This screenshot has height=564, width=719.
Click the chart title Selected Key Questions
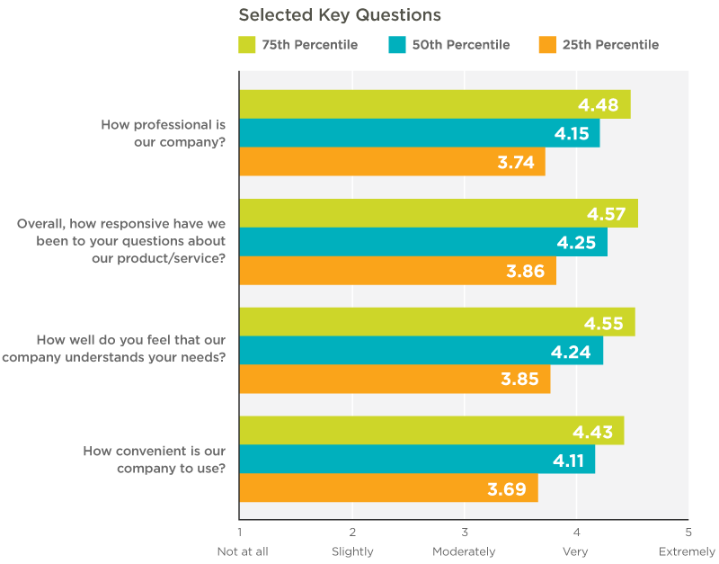(x=339, y=15)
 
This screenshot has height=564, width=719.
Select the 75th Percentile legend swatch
(x=248, y=45)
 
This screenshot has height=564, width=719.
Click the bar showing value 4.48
(x=434, y=104)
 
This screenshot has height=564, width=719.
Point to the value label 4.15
(x=572, y=133)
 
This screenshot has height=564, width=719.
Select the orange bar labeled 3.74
(x=392, y=162)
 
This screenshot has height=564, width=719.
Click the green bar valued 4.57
(x=438, y=213)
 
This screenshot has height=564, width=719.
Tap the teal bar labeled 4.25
(x=422, y=242)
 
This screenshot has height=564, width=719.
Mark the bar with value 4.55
(x=437, y=322)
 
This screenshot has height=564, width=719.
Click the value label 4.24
(x=572, y=351)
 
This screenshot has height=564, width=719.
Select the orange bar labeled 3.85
(x=395, y=380)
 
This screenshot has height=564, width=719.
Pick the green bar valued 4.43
(x=431, y=430)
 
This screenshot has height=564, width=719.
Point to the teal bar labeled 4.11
(x=416, y=459)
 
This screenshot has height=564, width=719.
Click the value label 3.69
(x=506, y=488)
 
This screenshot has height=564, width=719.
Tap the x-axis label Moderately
(x=464, y=551)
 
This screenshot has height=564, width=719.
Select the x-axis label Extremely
(x=687, y=551)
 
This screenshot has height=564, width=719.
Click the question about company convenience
(x=154, y=459)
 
